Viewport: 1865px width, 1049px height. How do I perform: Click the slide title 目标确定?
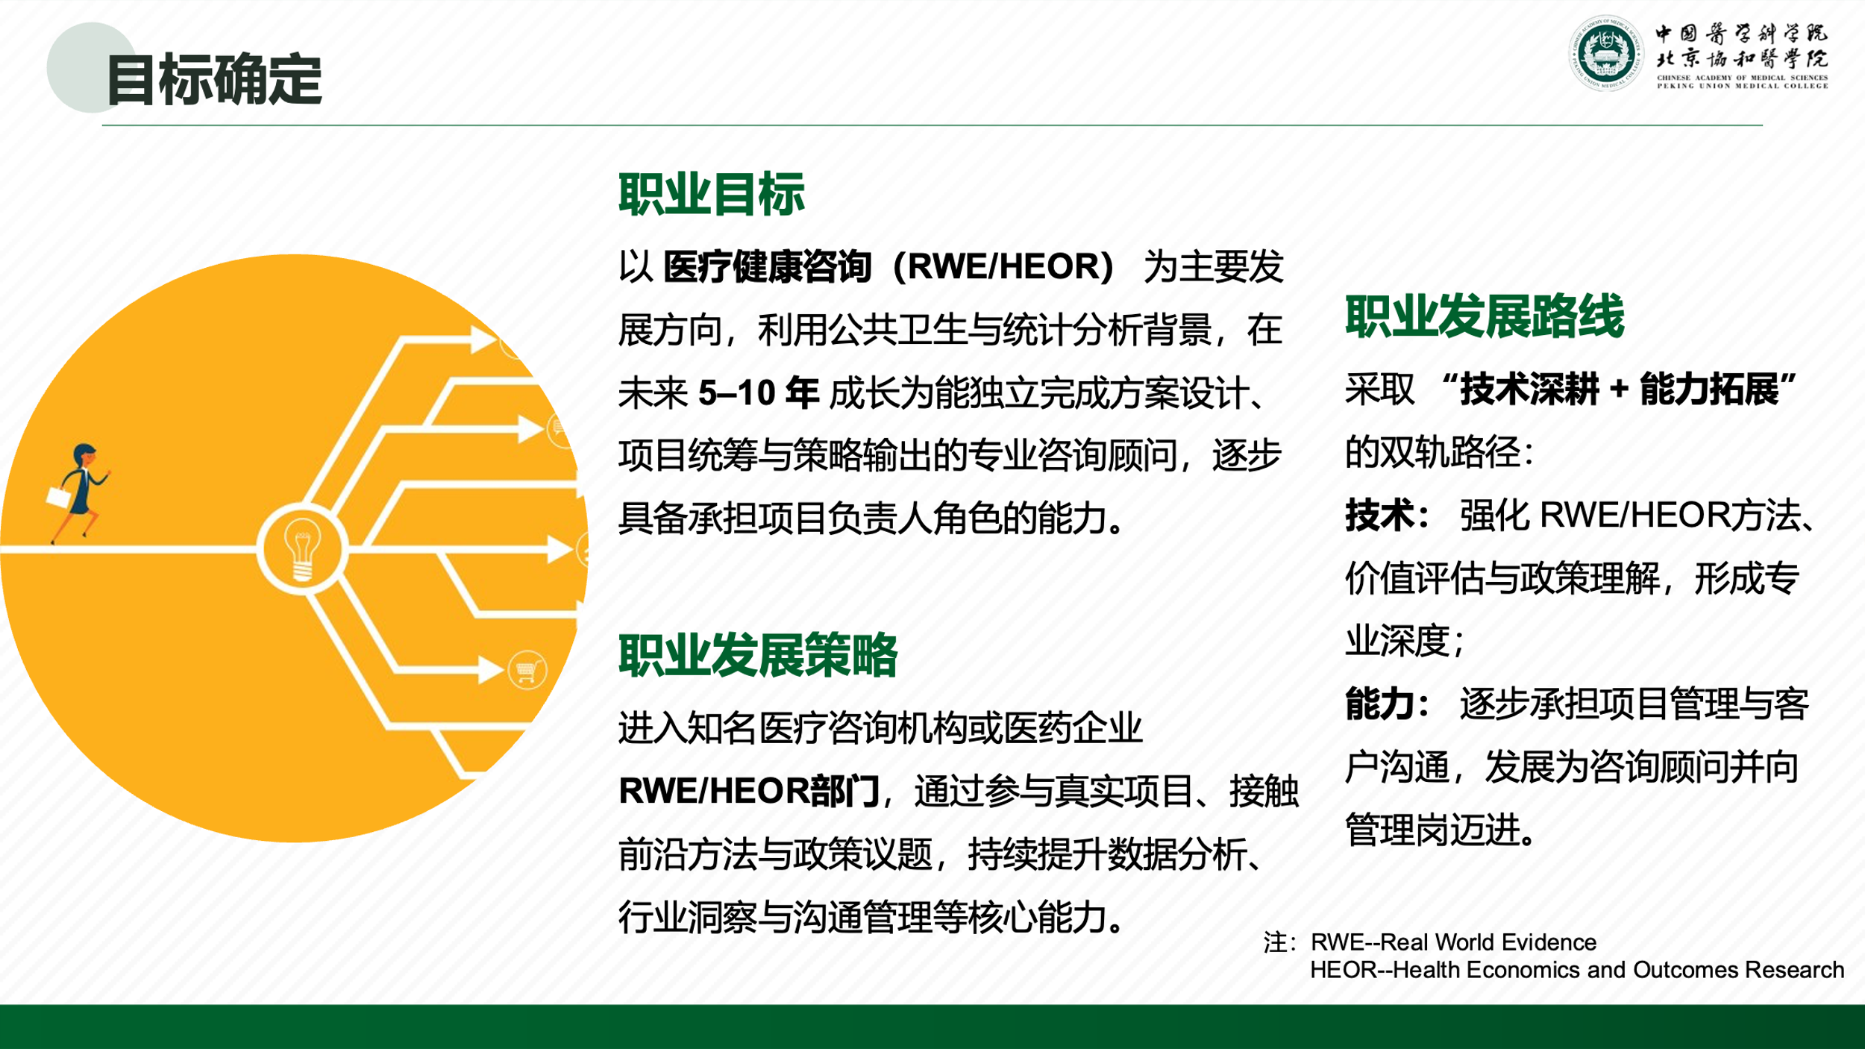(214, 79)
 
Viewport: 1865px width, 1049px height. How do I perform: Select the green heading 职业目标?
(712, 194)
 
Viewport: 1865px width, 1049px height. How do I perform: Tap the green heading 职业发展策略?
(758, 655)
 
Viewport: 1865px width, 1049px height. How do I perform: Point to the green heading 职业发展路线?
(1485, 316)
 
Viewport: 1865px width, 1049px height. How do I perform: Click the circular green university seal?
(1606, 54)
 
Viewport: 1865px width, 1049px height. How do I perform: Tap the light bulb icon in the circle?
(302, 550)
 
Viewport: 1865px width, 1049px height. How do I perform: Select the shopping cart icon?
(527, 671)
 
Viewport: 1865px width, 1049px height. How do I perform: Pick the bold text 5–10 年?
(758, 392)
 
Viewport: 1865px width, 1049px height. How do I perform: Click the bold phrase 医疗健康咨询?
(767, 266)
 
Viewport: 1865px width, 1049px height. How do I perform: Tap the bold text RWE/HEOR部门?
(749, 791)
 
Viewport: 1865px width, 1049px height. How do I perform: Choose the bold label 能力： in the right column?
(1388, 704)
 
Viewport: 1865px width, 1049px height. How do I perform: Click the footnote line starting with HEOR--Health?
(1577, 970)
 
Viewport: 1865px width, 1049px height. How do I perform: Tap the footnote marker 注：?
(1280, 943)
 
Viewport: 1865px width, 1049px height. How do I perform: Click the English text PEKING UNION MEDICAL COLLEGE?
(1743, 86)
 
